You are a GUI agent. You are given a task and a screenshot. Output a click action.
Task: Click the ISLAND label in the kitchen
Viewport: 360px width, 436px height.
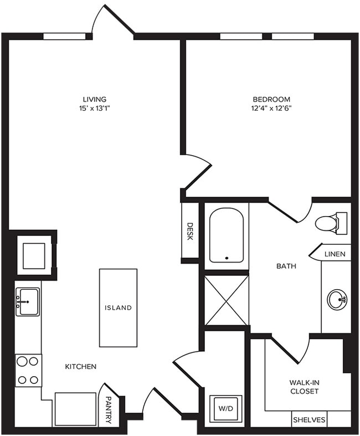point(119,307)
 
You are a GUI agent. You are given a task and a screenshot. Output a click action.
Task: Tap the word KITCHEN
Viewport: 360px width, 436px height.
point(81,366)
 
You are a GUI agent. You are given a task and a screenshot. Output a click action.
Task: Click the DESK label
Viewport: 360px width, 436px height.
point(189,232)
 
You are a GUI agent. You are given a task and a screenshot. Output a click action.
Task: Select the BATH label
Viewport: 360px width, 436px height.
point(286,266)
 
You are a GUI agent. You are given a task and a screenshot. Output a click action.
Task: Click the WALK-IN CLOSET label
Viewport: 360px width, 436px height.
point(304,387)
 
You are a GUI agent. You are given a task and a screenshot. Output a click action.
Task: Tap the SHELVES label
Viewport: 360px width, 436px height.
point(309,419)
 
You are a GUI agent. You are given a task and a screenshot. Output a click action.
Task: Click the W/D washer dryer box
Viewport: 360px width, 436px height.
point(225,409)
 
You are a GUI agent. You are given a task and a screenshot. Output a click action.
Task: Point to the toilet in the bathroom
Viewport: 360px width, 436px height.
point(330,223)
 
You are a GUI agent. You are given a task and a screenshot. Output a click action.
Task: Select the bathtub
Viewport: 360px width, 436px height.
point(226,234)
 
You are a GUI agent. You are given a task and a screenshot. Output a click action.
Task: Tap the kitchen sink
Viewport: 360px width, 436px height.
point(27,301)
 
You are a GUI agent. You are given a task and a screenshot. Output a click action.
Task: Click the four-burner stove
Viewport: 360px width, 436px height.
point(28,370)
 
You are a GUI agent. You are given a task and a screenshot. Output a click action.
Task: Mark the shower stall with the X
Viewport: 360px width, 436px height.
point(226,300)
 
